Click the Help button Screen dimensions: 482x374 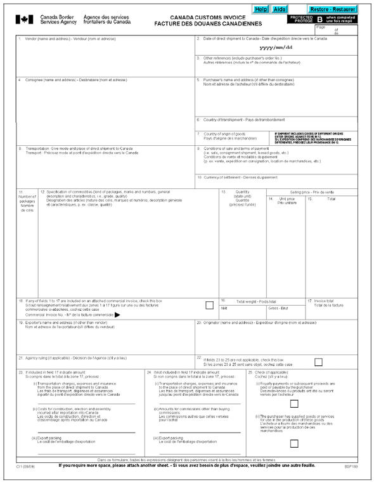261,10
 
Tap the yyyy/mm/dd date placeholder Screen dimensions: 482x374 276,48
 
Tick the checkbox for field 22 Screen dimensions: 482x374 318,362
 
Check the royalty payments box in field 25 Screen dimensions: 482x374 294,403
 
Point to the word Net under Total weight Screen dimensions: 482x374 224,308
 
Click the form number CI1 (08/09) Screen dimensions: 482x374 25,466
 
